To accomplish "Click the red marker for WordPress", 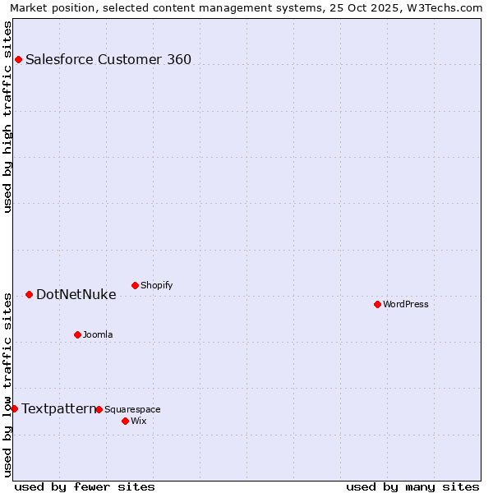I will (377, 304).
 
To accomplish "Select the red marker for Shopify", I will (135, 285).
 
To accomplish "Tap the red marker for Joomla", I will (77, 334).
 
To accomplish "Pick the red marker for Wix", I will (125, 421).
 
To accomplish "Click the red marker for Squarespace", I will (99, 409).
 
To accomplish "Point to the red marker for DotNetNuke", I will (29, 294).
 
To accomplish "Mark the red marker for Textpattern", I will (14, 408).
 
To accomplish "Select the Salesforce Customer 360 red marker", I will (18, 59).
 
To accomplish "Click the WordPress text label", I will (406, 304).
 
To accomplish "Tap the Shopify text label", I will (156, 285).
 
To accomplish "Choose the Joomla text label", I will (98, 334).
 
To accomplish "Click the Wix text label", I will (139, 421).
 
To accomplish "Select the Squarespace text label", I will (132, 409).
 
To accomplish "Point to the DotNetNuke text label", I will (76, 294).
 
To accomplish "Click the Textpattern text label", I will (58, 408).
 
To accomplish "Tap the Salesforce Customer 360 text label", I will (108, 59).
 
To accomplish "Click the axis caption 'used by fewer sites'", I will (85, 486).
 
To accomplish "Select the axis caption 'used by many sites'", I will (412, 486).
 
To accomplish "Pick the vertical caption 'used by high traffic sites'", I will (8, 117).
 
